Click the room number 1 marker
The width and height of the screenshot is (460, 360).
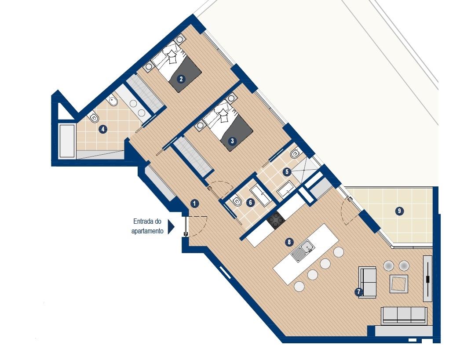pyautogui.click(x=194, y=203)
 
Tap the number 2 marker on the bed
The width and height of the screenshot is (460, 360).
pyautogui.click(x=181, y=79)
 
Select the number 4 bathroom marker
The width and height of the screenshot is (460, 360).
pyautogui.click(x=102, y=129)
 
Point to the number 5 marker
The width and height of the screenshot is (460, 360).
pyautogui.click(x=287, y=171)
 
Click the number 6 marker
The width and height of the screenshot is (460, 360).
pyautogui.click(x=250, y=203)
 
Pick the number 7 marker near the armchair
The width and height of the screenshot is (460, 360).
pyautogui.click(x=358, y=292)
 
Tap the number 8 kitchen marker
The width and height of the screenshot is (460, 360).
pyautogui.click(x=289, y=242)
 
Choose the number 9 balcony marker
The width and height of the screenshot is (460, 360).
pyautogui.click(x=399, y=211)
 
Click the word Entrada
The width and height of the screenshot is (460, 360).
pyautogui.click(x=144, y=222)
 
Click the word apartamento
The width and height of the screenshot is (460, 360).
pyautogui.click(x=147, y=231)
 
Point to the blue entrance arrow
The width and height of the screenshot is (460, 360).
pyautogui.click(x=171, y=227)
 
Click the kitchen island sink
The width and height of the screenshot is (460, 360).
pyautogui.click(x=303, y=251)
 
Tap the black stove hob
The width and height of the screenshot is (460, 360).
pyautogui.click(x=276, y=220)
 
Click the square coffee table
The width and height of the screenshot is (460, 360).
pyautogui.click(x=399, y=284)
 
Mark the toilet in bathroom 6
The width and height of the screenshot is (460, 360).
pyautogui.click(x=236, y=201)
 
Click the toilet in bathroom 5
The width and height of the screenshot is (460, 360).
pyautogui.click(x=295, y=153)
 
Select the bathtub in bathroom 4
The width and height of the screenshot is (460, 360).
pyautogui.click(x=67, y=141)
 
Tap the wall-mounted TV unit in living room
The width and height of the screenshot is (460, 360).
pyautogui.click(x=428, y=278)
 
